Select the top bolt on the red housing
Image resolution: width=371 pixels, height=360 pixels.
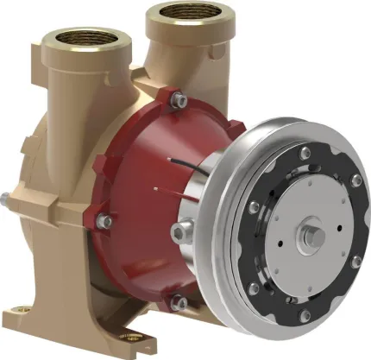[x=177, y=101]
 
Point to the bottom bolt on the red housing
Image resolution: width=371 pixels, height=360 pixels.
[x=177, y=301]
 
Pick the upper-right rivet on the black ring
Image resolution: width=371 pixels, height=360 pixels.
[x=355, y=180]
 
